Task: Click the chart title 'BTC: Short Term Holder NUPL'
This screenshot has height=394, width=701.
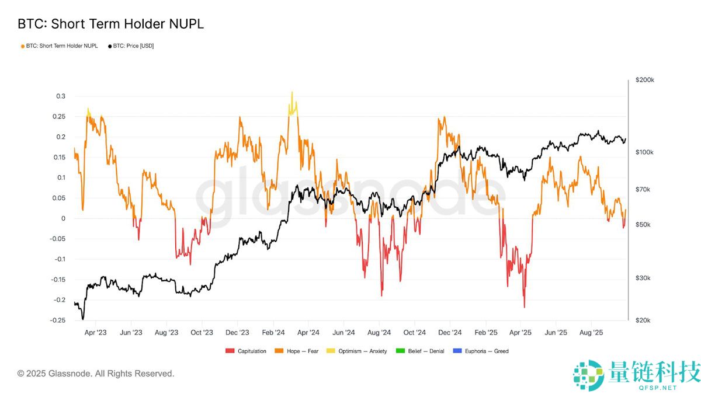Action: pos(110,24)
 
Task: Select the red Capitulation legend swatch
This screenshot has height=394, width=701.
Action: pos(229,351)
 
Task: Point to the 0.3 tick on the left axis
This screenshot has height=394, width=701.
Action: pos(61,96)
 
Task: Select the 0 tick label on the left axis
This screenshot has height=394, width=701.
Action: pos(63,218)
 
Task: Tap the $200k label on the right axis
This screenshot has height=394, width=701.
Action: pos(645,80)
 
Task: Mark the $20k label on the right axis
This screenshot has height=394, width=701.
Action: pos(643,320)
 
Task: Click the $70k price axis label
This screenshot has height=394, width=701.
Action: pos(643,189)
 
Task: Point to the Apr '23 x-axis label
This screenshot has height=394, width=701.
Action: pos(96,333)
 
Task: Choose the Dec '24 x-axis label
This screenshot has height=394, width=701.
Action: pos(450,333)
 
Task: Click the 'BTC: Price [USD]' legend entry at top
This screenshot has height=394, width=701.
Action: pos(133,46)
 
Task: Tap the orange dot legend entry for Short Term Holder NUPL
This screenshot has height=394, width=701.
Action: pos(23,46)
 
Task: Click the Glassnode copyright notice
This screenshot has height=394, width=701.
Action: pos(96,374)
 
